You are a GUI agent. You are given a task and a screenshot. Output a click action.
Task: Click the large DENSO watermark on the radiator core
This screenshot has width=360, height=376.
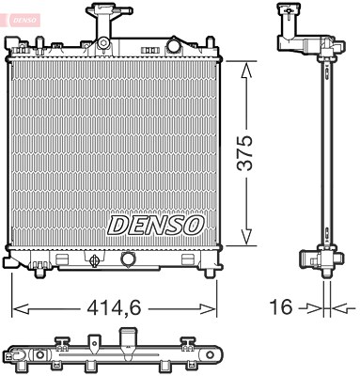(x=156, y=226)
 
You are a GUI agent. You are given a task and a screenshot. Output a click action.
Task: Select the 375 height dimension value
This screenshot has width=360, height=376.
(x=244, y=153)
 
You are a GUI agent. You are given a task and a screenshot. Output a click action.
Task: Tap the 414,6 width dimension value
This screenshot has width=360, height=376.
(x=114, y=308)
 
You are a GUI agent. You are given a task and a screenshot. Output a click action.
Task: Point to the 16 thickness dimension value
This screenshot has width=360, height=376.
(x=281, y=306)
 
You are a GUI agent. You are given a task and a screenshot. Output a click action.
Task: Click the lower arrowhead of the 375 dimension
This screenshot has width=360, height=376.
(x=246, y=236)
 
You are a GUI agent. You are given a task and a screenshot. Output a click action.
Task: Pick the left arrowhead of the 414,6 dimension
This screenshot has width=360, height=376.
(x=22, y=309)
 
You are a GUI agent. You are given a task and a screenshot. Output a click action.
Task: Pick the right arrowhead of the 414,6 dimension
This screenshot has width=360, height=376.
(x=207, y=309)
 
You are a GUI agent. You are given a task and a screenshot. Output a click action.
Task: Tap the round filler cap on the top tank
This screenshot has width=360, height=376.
(x=173, y=46)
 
